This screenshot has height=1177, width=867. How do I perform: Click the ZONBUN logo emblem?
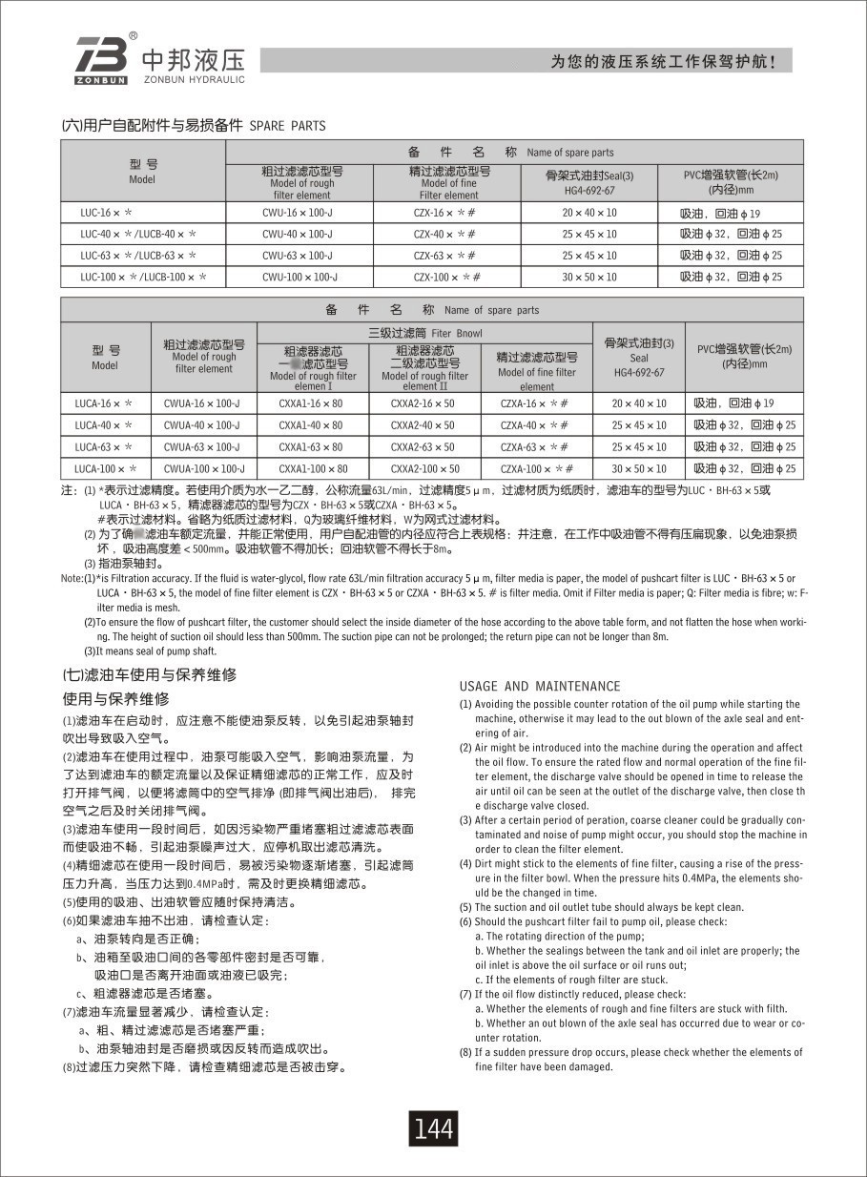[101, 59]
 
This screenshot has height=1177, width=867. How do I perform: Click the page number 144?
[433, 1128]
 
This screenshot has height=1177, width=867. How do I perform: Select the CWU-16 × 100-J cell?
[298, 213]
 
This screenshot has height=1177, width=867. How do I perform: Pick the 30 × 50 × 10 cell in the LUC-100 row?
[588, 278]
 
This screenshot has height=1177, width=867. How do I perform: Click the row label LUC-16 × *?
[106, 213]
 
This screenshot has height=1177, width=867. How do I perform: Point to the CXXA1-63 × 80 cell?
[311, 447]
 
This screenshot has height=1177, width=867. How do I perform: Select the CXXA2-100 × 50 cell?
[424, 469]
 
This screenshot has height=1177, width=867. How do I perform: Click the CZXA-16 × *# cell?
[535, 403]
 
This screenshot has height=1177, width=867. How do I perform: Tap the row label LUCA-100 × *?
[106, 469]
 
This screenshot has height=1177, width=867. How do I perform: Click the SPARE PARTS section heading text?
[287, 126]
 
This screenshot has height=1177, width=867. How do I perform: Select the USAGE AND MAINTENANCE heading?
[539, 686]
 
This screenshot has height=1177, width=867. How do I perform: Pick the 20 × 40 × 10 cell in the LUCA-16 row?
[639, 403]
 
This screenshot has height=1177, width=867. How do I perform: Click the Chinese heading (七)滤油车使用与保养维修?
[149, 674]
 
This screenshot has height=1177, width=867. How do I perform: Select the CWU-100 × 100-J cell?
[299, 278]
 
